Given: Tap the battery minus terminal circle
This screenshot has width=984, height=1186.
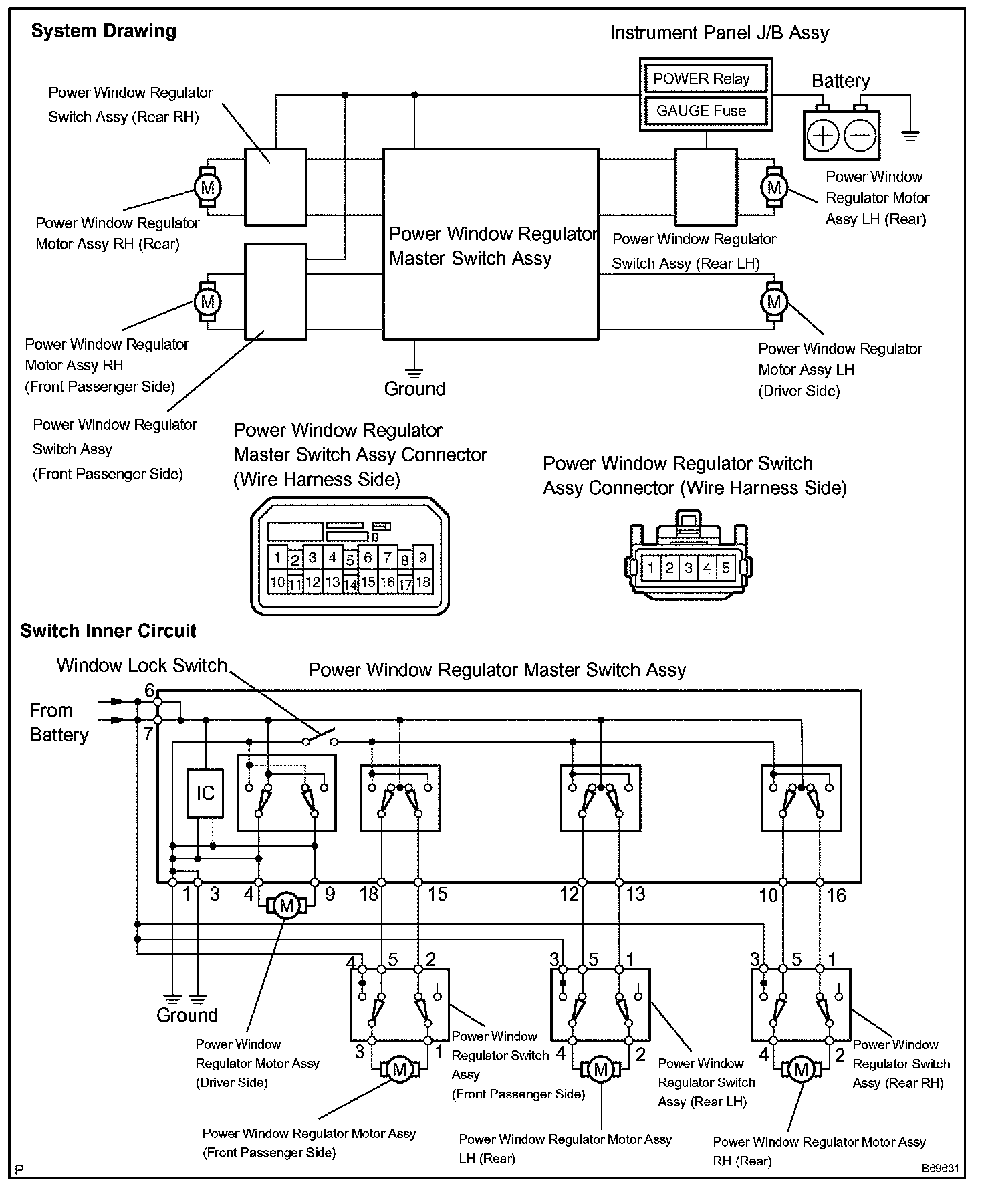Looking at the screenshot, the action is click(x=860, y=136).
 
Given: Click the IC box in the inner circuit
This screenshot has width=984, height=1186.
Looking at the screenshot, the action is click(x=205, y=793).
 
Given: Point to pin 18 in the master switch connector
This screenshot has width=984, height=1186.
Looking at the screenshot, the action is click(x=423, y=582).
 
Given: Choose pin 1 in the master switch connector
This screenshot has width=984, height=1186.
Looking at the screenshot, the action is click(x=277, y=557).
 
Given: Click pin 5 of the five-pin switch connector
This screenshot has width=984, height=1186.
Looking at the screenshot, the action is click(x=726, y=569).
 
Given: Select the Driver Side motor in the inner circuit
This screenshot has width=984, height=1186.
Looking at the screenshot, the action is click(x=287, y=906).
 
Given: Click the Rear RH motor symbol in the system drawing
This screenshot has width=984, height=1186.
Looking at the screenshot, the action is click(x=208, y=187).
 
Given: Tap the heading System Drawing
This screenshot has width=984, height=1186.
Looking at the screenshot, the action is click(x=104, y=31).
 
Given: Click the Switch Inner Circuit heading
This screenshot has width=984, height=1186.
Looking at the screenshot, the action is click(x=108, y=631).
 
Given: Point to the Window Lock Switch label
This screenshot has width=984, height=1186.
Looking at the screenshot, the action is click(x=142, y=665).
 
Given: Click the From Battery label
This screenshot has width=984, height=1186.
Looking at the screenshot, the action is click(x=59, y=723).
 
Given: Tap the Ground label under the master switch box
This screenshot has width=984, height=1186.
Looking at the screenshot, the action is click(x=414, y=389).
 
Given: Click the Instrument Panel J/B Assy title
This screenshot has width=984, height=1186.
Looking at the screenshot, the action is click(x=719, y=33).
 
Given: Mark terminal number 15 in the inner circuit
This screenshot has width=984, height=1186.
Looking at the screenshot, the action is click(x=437, y=895).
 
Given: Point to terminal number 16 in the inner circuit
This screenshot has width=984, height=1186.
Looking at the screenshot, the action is click(x=836, y=895).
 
